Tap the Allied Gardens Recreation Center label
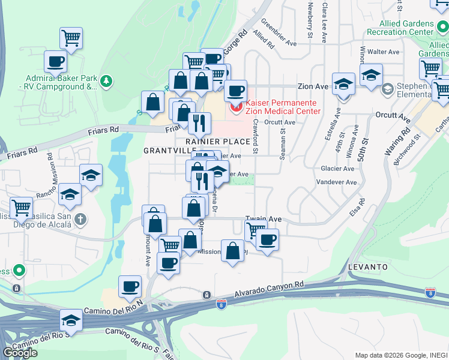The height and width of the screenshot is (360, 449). click(408, 26)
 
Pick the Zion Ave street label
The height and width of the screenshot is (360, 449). click(313, 86)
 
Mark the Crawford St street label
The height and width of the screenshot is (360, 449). click(256, 136)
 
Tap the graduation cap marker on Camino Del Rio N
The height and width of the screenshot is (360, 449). click(71, 319)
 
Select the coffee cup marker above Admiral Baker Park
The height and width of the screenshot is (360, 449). click(56, 61)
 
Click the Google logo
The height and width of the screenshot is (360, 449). click(20, 353)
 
